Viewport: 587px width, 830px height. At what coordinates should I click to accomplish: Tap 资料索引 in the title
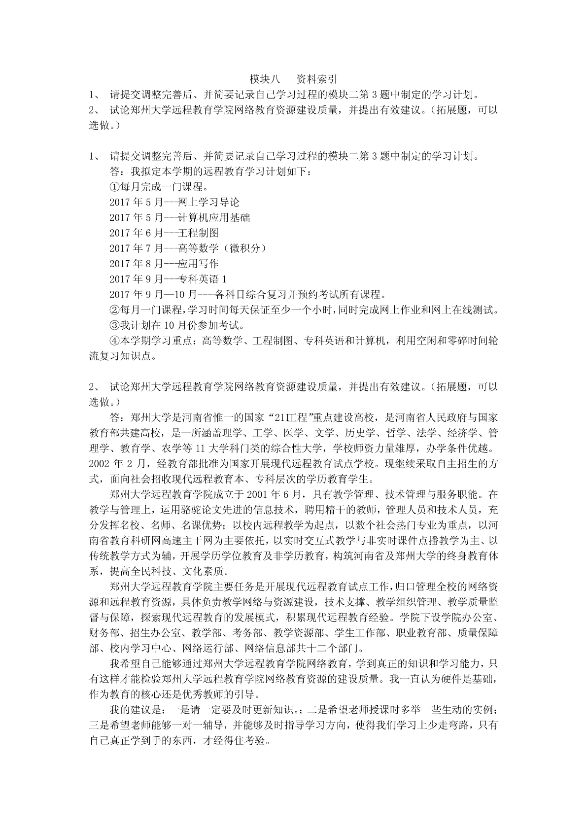[x=316, y=79]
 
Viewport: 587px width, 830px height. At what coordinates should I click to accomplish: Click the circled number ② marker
[x=114, y=310]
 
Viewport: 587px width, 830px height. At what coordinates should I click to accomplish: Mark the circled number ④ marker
[x=114, y=341]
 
